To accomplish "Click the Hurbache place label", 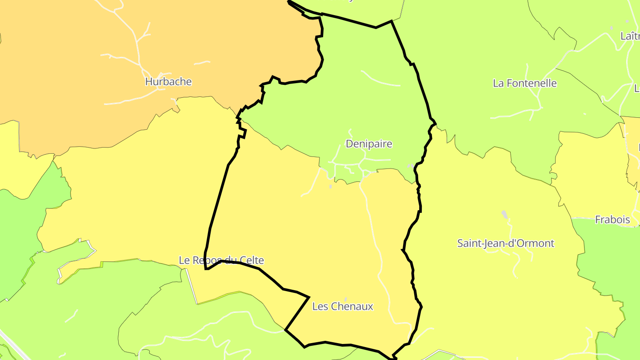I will (x=168, y=82).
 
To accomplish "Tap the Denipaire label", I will (x=369, y=144).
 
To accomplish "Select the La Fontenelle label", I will (x=525, y=83).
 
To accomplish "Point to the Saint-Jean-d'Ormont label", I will (x=506, y=244).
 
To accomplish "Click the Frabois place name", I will (x=612, y=220).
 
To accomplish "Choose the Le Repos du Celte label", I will (x=221, y=260).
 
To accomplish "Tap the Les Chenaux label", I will (x=343, y=306).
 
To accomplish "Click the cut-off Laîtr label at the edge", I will (x=630, y=36).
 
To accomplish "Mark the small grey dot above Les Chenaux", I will (x=346, y=299).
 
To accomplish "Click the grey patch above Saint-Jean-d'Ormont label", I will (x=504, y=214).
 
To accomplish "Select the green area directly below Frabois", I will (x=609, y=258).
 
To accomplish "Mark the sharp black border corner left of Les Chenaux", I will (x=308, y=297).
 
